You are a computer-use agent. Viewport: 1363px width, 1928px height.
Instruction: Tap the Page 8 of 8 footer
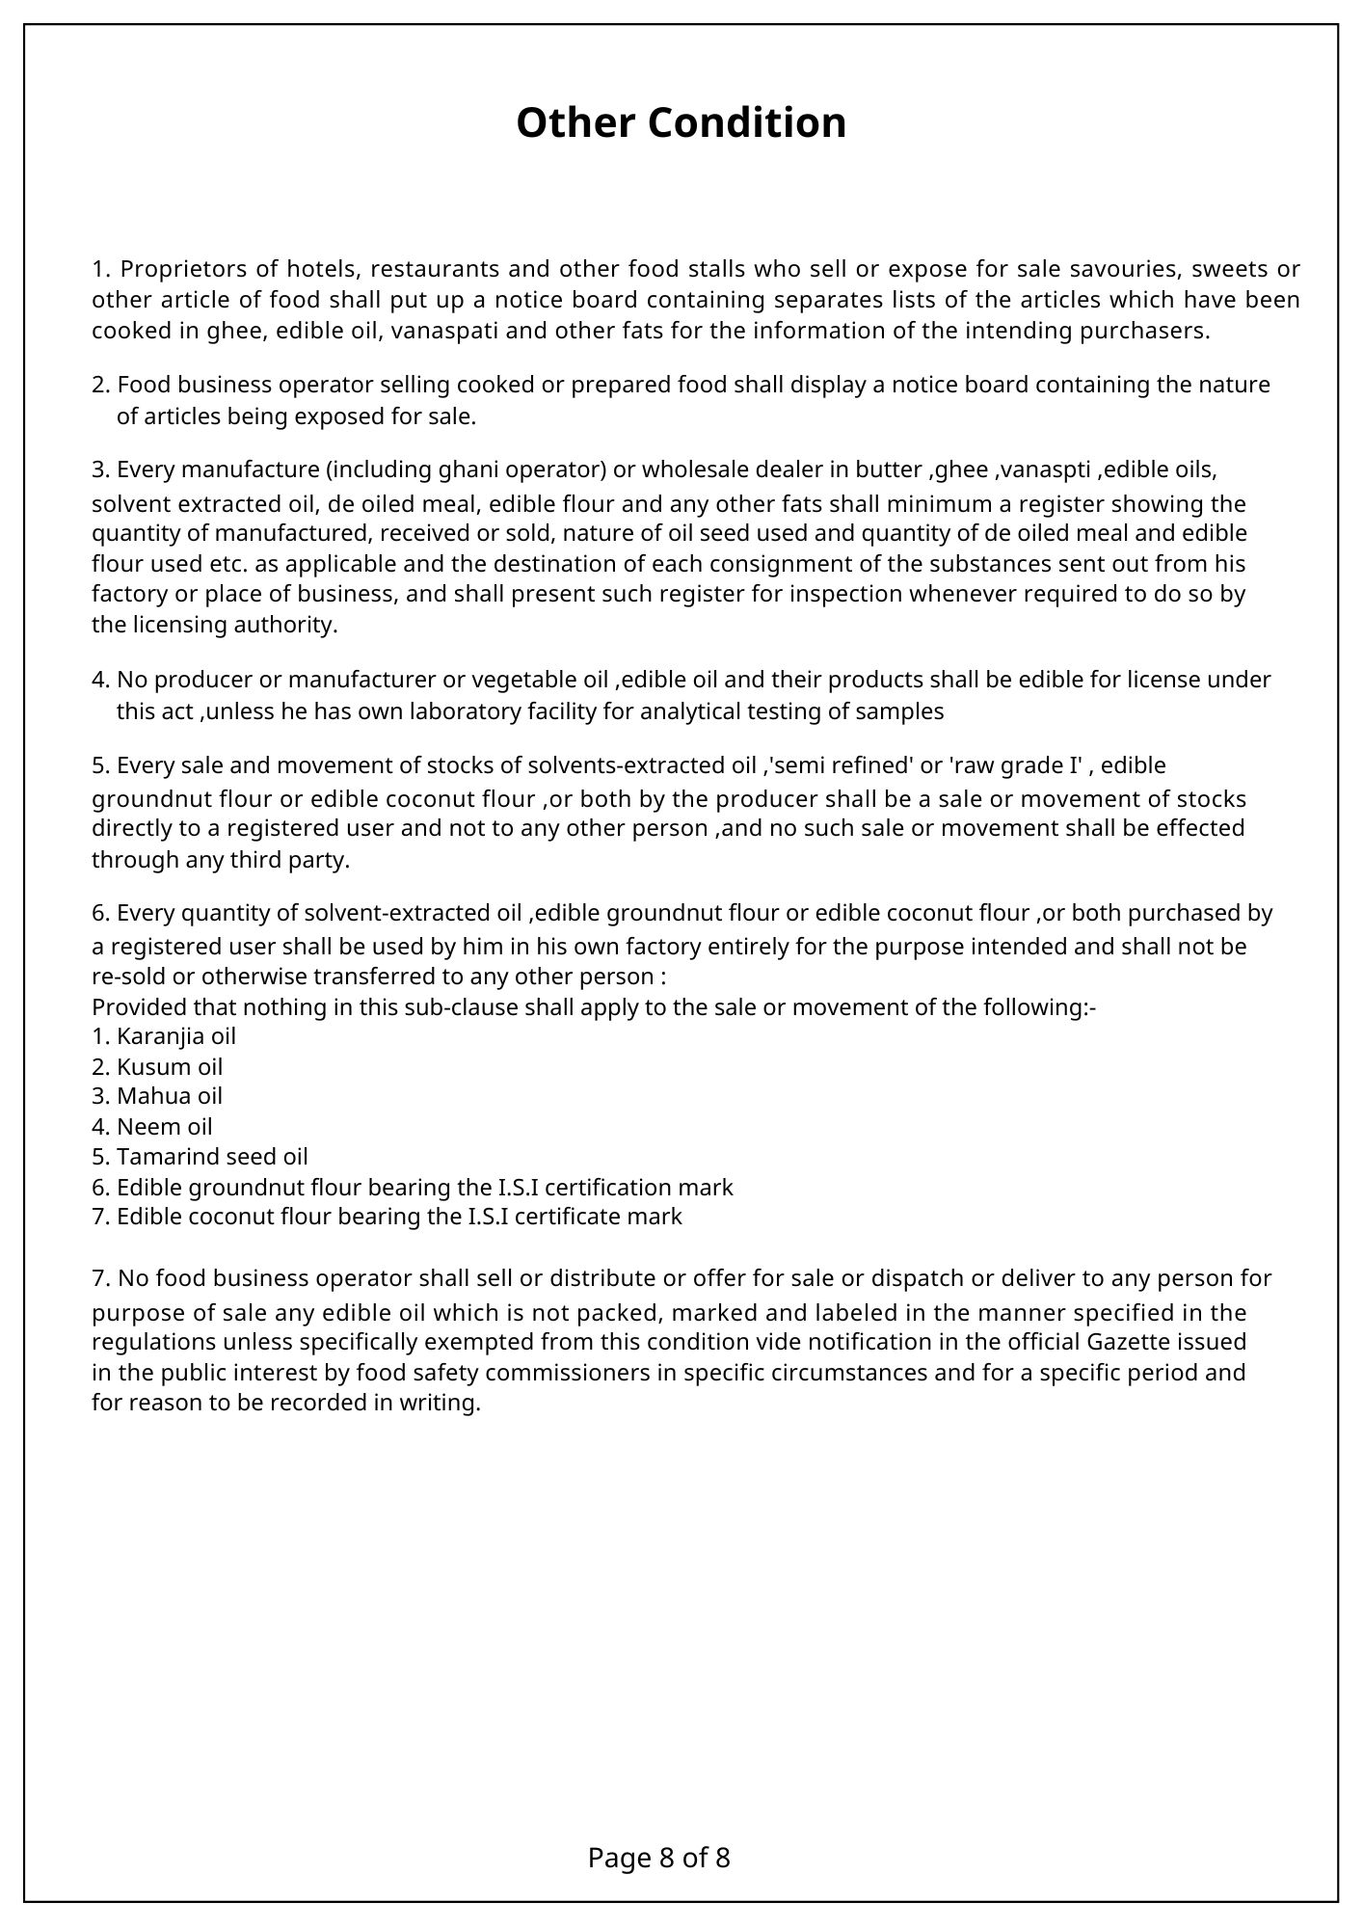(x=658, y=1858)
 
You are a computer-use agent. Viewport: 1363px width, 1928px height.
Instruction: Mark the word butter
(x=888, y=469)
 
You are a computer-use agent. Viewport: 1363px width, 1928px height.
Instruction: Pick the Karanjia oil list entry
(x=164, y=1037)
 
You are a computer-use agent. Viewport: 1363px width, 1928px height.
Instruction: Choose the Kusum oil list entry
(x=157, y=1067)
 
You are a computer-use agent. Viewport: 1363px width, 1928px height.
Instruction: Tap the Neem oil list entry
(x=152, y=1127)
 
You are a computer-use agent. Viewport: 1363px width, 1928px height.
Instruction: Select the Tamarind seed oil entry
(x=200, y=1157)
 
